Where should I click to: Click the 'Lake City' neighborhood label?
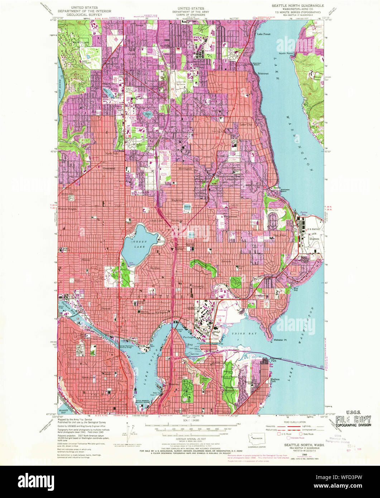pyautogui.click(x=246, y=124)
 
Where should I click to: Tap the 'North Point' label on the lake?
pyautogui.click(x=286, y=53)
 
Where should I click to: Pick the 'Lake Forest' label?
pyautogui.click(x=264, y=34)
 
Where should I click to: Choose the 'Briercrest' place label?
pyautogui.click(x=263, y=73)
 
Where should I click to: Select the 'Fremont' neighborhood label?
pyautogui.click(x=106, y=308)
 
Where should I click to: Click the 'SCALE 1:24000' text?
pyautogui.click(x=190, y=420)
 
